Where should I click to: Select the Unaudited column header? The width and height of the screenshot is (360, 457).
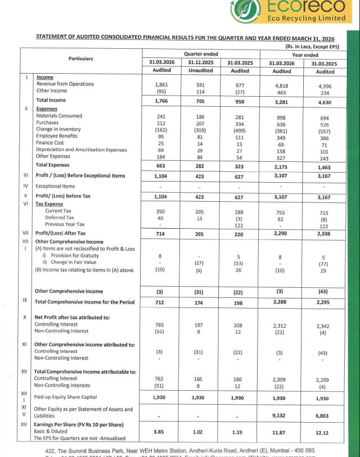coord(201,71)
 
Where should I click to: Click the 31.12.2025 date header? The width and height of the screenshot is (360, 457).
coord(201,62)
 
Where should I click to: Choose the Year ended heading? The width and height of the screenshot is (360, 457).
coord(304,55)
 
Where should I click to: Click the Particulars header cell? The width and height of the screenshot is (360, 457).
coord(80,58)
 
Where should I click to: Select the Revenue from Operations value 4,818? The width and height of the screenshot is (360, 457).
coord(281,84)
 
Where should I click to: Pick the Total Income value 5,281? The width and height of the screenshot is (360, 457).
coord(281,101)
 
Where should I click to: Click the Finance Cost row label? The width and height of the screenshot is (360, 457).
coord(51,143)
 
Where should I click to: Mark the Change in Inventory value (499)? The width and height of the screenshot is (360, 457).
coord(240,129)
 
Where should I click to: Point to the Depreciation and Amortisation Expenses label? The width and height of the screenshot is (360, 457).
coord(81,150)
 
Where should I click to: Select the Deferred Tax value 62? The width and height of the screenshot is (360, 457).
coord(281,218)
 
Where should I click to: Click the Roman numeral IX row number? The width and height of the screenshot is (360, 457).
coord(25,300)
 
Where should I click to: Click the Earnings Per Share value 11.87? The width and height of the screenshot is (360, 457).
coord(281,432)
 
